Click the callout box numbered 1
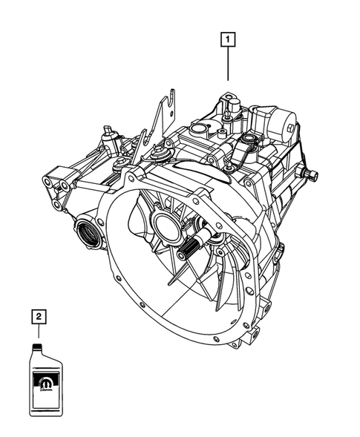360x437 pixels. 228,38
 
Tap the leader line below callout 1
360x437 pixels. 228,63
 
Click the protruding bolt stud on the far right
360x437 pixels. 312,176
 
